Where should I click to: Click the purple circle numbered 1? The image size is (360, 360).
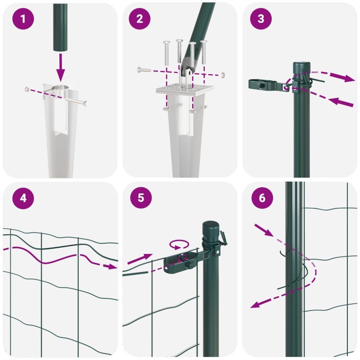pos(23,18)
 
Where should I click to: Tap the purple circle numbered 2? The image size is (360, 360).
pos(139,18)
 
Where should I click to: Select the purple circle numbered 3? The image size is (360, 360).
pos(261,18)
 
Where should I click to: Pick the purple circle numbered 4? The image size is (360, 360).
pos(23,198)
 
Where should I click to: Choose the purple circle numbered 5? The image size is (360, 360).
pos(141,198)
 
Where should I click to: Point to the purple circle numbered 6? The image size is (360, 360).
pos(262,198)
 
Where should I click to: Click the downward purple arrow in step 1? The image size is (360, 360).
pos(60,67)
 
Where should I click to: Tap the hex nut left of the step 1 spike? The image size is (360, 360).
pos(27,89)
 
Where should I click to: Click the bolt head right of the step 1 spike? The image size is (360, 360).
pos(85,104)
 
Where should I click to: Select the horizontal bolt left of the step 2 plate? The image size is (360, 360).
pos(144,70)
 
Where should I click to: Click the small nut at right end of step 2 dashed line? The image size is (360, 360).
pos(222,75)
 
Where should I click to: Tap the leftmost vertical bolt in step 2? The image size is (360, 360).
pos(166,53)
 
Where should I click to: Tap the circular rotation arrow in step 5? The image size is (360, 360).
pos(179,245)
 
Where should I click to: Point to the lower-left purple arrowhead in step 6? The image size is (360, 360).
pos(255,305)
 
